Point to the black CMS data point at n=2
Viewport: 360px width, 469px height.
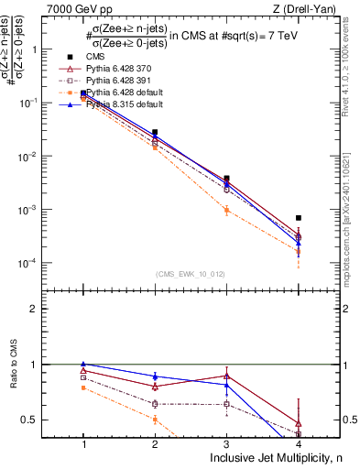(155, 133)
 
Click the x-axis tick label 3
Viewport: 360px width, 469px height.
(226, 443)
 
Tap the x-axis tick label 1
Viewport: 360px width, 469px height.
(83, 443)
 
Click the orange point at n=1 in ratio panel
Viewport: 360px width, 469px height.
(83, 387)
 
